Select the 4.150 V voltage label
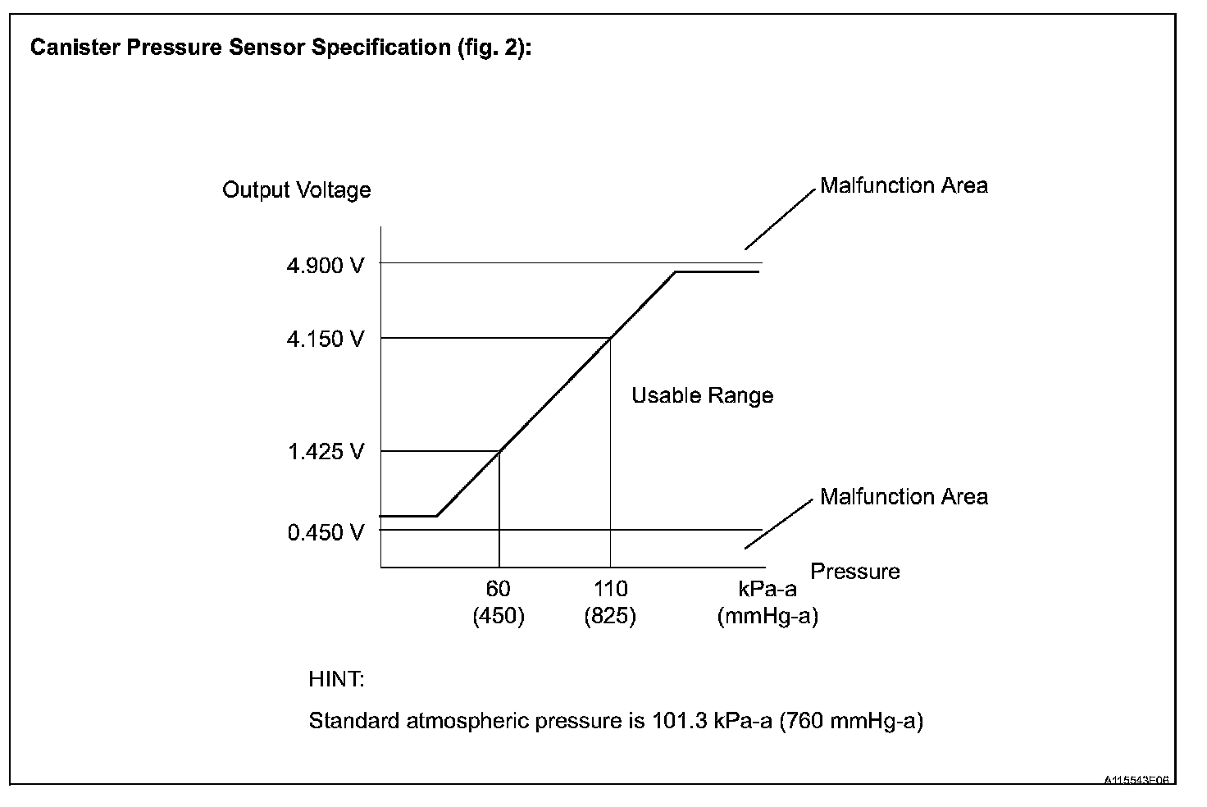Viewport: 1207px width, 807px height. pos(325,339)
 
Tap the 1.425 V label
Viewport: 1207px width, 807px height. pos(325,452)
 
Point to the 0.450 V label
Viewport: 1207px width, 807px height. pos(325,533)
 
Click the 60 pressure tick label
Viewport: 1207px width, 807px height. pos(498,589)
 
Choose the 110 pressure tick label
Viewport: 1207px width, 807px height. pos(610,589)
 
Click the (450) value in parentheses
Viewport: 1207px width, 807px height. pos(498,617)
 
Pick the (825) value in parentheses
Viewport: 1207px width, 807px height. pos(610,617)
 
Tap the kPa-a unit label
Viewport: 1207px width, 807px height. pos(767,589)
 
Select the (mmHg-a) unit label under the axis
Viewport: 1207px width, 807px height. pos(767,617)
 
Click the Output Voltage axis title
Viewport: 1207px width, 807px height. pos(297,190)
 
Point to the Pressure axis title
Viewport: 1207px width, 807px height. pos(855,572)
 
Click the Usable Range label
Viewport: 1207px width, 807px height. pos(702,396)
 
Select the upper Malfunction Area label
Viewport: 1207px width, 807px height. pos(904,186)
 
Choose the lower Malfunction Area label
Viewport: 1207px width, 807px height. pos(904,497)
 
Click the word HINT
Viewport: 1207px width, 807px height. pos(336,680)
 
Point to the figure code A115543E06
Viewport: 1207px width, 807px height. pos(1136,780)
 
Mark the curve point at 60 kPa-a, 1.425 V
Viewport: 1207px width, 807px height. pos(499,451)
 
